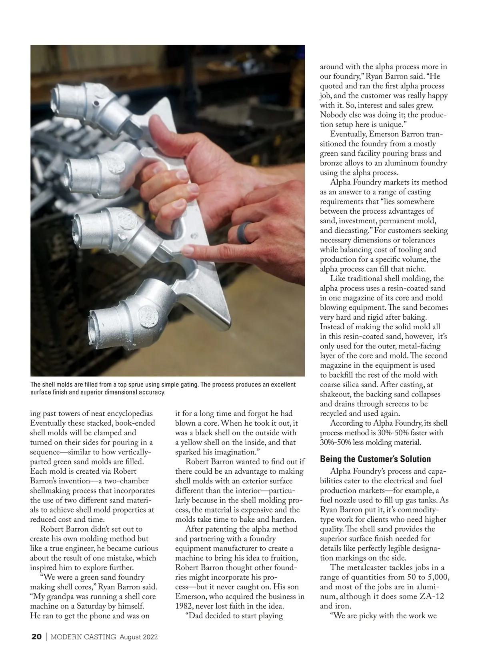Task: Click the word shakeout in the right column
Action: [337, 395]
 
